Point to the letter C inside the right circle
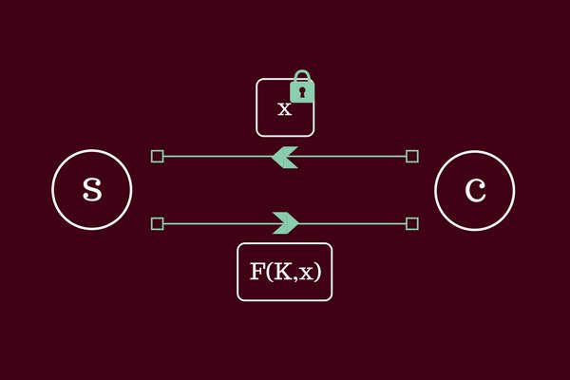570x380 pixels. (x=474, y=190)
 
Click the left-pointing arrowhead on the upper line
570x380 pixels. (x=284, y=156)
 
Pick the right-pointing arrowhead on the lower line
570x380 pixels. (x=286, y=223)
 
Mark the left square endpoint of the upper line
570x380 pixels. (x=158, y=156)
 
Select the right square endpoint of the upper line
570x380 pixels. (x=411, y=156)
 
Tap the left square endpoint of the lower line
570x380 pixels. (x=158, y=223)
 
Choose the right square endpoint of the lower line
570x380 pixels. (x=411, y=223)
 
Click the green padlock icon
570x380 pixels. (x=301, y=89)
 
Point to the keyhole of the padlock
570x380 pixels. (x=301, y=93)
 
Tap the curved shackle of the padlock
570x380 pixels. (x=301, y=75)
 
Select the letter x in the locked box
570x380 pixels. (x=284, y=109)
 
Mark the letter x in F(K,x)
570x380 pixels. (x=305, y=274)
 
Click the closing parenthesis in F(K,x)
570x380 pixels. (x=317, y=273)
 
